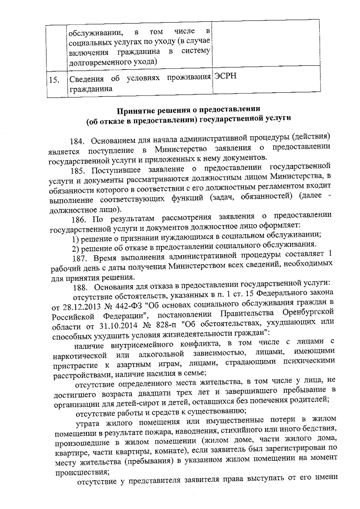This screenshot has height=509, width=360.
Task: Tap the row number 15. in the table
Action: (54, 80)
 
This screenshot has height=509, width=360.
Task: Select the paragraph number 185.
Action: (79, 171)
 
